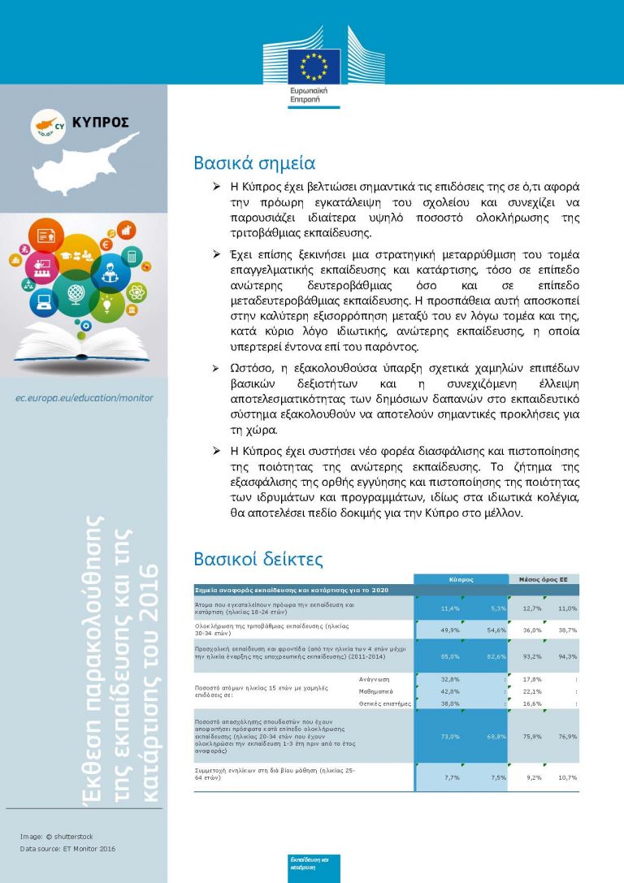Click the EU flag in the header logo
(313, 67)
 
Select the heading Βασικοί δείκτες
(258, 560)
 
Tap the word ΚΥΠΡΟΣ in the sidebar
(100, 123)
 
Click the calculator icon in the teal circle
(131, 258)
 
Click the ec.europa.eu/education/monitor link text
(84, 398)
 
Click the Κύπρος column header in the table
(461, 580)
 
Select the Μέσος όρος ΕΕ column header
(544, 580)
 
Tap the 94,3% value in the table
(567, 656)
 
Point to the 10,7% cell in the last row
(567, 777)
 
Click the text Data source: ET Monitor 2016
(68, 849)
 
